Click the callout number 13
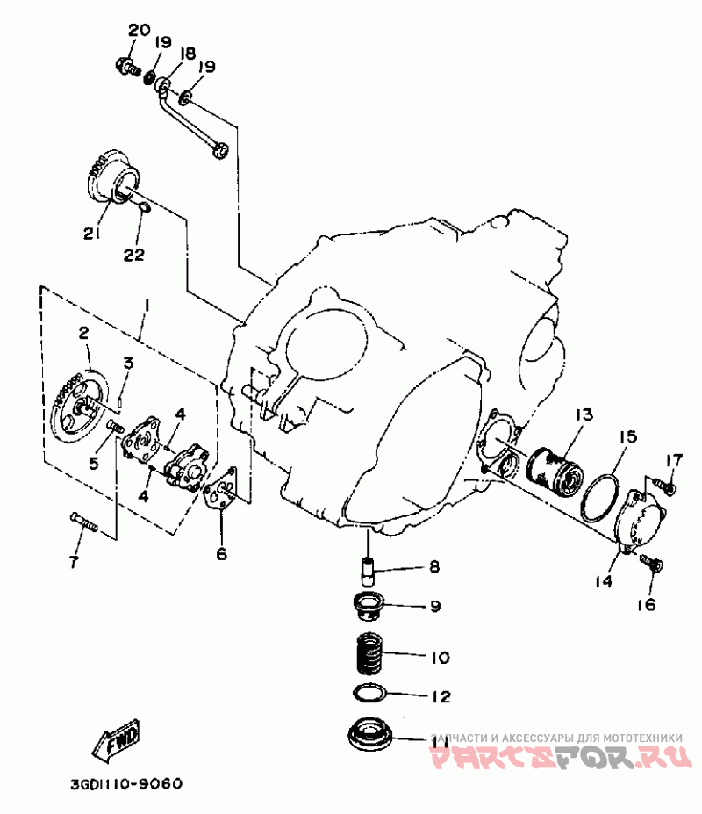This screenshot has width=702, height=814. pos(584,414)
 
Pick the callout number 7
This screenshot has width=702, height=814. pos(73,559)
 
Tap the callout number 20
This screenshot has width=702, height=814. pos(139,31)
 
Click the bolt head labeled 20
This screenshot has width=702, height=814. pos(126,65)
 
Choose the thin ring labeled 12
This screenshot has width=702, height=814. pos(373,693)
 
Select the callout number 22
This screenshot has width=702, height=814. pos(133,255)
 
